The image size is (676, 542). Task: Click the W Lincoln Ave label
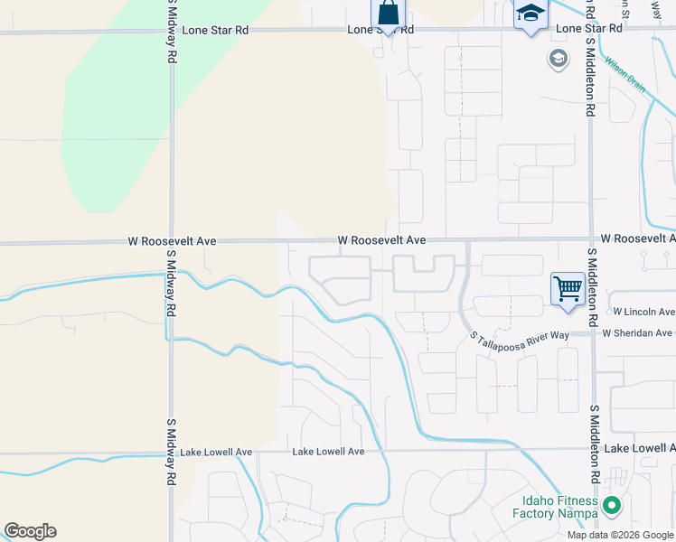click(x=643, y=312)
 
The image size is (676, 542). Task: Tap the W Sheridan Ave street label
click(x=638, y=332)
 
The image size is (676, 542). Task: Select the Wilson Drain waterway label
click(x=625, y=76)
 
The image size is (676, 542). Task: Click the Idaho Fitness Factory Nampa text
click(x=560, y=507)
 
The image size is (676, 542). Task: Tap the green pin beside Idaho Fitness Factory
click(x=612, y=507)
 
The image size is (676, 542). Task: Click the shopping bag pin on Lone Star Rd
click(x=388, y=14)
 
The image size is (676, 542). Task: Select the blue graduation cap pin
click(x=530, y=14)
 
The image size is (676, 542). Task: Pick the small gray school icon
click(x=558, y=60)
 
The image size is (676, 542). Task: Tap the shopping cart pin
click(x=568, y=290)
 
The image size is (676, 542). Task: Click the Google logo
click(x=30, y=531)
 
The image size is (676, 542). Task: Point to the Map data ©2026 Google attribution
click(x=621, y=535)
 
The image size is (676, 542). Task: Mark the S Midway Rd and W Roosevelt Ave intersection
click(x=171, y=242)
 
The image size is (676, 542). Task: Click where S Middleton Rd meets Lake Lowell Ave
click(x=593, y=449)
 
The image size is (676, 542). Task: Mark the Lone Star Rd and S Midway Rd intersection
click(x=171, y=32)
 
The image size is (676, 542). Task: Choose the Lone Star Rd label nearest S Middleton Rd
click(x=589, y=29)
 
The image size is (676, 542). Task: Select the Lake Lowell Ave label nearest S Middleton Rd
click(x=640, y=448)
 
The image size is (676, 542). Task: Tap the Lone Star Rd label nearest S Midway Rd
click(x=215, y=30)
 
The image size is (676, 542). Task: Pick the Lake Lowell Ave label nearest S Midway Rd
click(x=216, y=452)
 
